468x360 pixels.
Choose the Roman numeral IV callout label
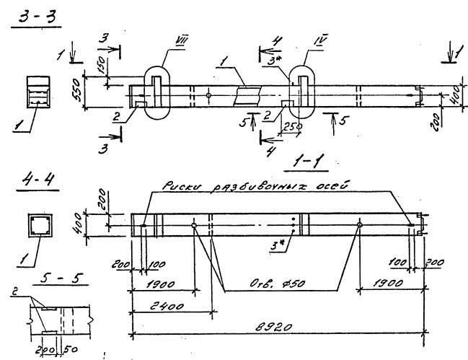pos(321,50)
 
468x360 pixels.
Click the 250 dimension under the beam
pos(293,127)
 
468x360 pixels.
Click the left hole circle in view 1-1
pos(195,226)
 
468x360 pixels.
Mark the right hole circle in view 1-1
pos(359,226)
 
